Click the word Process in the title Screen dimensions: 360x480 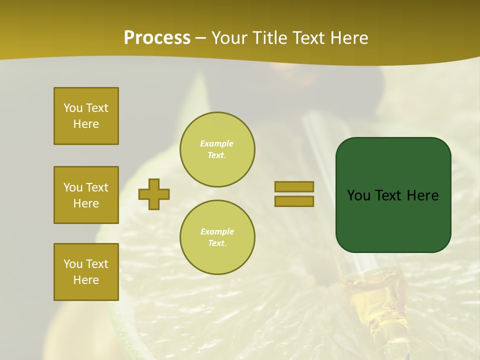click(157, 38)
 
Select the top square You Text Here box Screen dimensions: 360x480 click(86, 116)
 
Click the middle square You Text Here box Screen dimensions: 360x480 click(86, 195)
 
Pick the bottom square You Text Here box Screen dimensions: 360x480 click(86, 272)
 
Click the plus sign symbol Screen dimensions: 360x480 click(154, 194)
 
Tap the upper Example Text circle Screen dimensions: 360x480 click(217, 149)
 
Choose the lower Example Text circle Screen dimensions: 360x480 click(217, 237)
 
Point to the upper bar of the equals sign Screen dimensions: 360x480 click(294, 186)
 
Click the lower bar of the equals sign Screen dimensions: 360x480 click(294, 201)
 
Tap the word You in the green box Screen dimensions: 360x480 click(358, 195)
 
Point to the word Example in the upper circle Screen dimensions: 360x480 click(217, 143)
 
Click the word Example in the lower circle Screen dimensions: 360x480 click(217, 231)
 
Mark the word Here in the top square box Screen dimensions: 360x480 click(86, 124)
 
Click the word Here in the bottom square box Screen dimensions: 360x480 click(86, 280)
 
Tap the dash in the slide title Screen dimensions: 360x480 click(201, 38)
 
